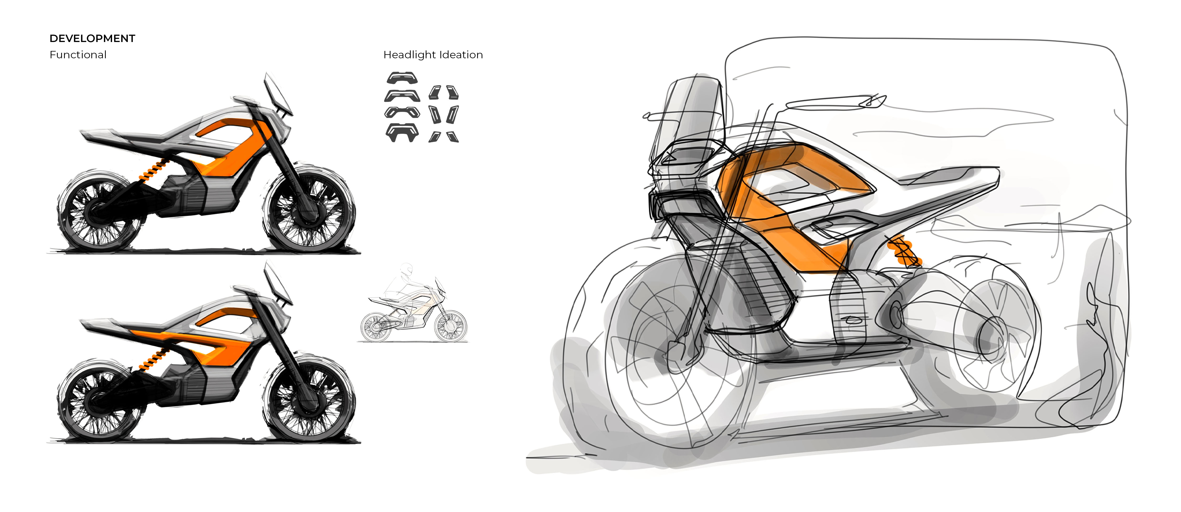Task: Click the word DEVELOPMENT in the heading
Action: tap(92, 39)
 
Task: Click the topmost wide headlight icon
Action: tap(402, 78)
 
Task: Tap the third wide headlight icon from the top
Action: tap(402, 112)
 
